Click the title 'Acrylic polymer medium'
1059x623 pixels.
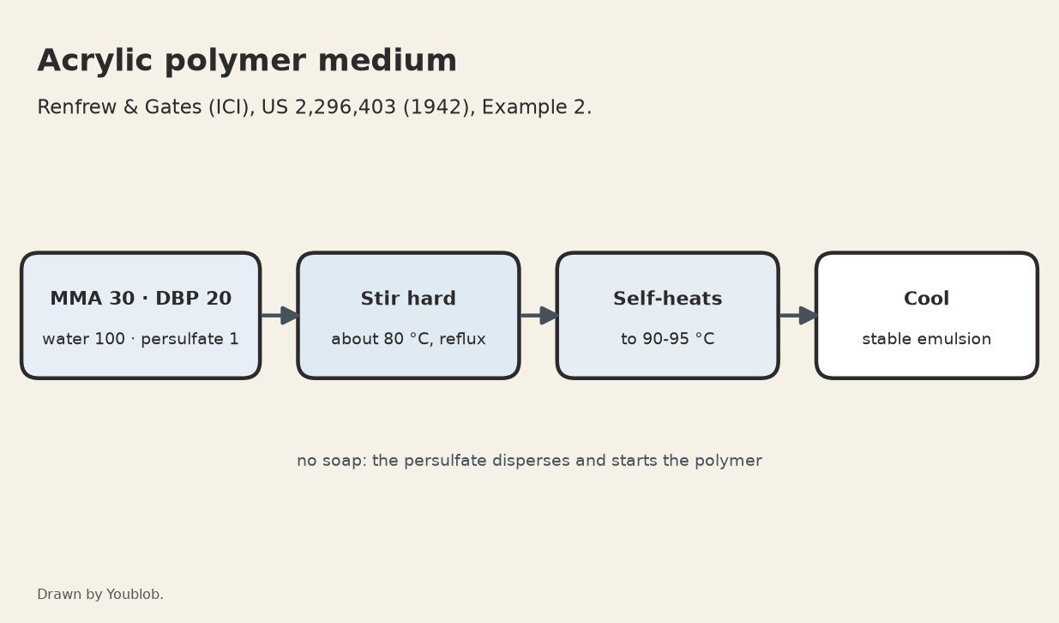[x=247, y=62]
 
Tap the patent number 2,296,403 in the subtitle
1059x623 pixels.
[x=345, y=107]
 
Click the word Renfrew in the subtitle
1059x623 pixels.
[x=76, y=107]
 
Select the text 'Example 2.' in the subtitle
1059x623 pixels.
[x=537, y=107]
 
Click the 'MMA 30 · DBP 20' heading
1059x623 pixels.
[x=141, y=299]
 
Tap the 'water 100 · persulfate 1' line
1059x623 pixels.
[x=141, y=339]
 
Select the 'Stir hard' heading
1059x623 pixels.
[x=408, y=299]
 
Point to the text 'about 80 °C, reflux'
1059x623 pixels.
[x=408, y=339]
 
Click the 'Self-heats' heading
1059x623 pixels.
[x=667, y=299]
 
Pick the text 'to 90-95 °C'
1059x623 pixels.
[x=667, y=339]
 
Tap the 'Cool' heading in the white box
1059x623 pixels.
[x=927, y=299]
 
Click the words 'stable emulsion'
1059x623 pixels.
[x=927, y=339]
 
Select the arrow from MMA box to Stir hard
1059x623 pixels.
[x=280, y=316]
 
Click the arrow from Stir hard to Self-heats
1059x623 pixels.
[x=539, y=316]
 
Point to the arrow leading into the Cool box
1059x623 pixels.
[x=798, y=316]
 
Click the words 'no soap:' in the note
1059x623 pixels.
[x=332, y=461]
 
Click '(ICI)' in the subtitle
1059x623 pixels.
[x=229, y=107]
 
